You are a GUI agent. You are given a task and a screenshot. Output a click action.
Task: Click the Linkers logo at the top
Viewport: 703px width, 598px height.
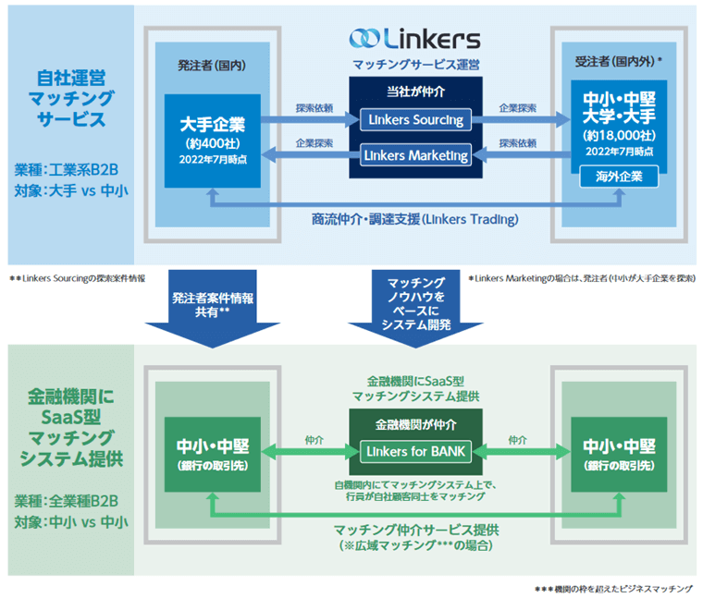click(415, 39)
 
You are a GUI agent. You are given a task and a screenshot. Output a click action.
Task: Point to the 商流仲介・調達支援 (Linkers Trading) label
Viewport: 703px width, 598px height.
click(415, 219)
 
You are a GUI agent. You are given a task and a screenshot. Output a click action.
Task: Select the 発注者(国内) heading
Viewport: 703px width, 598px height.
click(212, 65)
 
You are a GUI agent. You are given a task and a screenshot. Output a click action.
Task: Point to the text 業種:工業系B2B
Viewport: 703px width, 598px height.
click(62, 170)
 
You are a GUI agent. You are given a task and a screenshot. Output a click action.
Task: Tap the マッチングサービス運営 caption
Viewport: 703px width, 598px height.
click(415, 65)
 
